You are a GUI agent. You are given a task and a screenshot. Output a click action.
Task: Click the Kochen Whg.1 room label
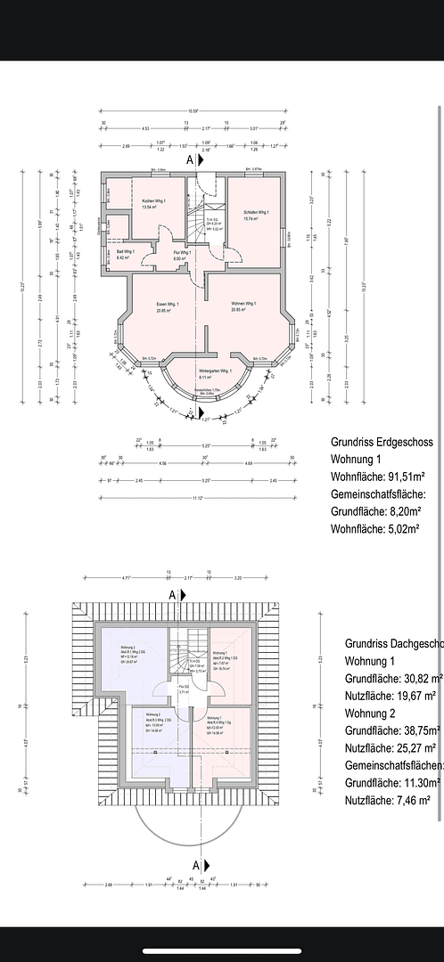tap(155, 202)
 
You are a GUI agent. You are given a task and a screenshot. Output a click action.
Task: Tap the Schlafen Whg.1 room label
tap(256, 212)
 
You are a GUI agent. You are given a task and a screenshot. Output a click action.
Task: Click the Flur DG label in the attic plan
tap(184, 688)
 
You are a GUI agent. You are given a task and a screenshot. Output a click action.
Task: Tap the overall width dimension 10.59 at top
tap(193, 110)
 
